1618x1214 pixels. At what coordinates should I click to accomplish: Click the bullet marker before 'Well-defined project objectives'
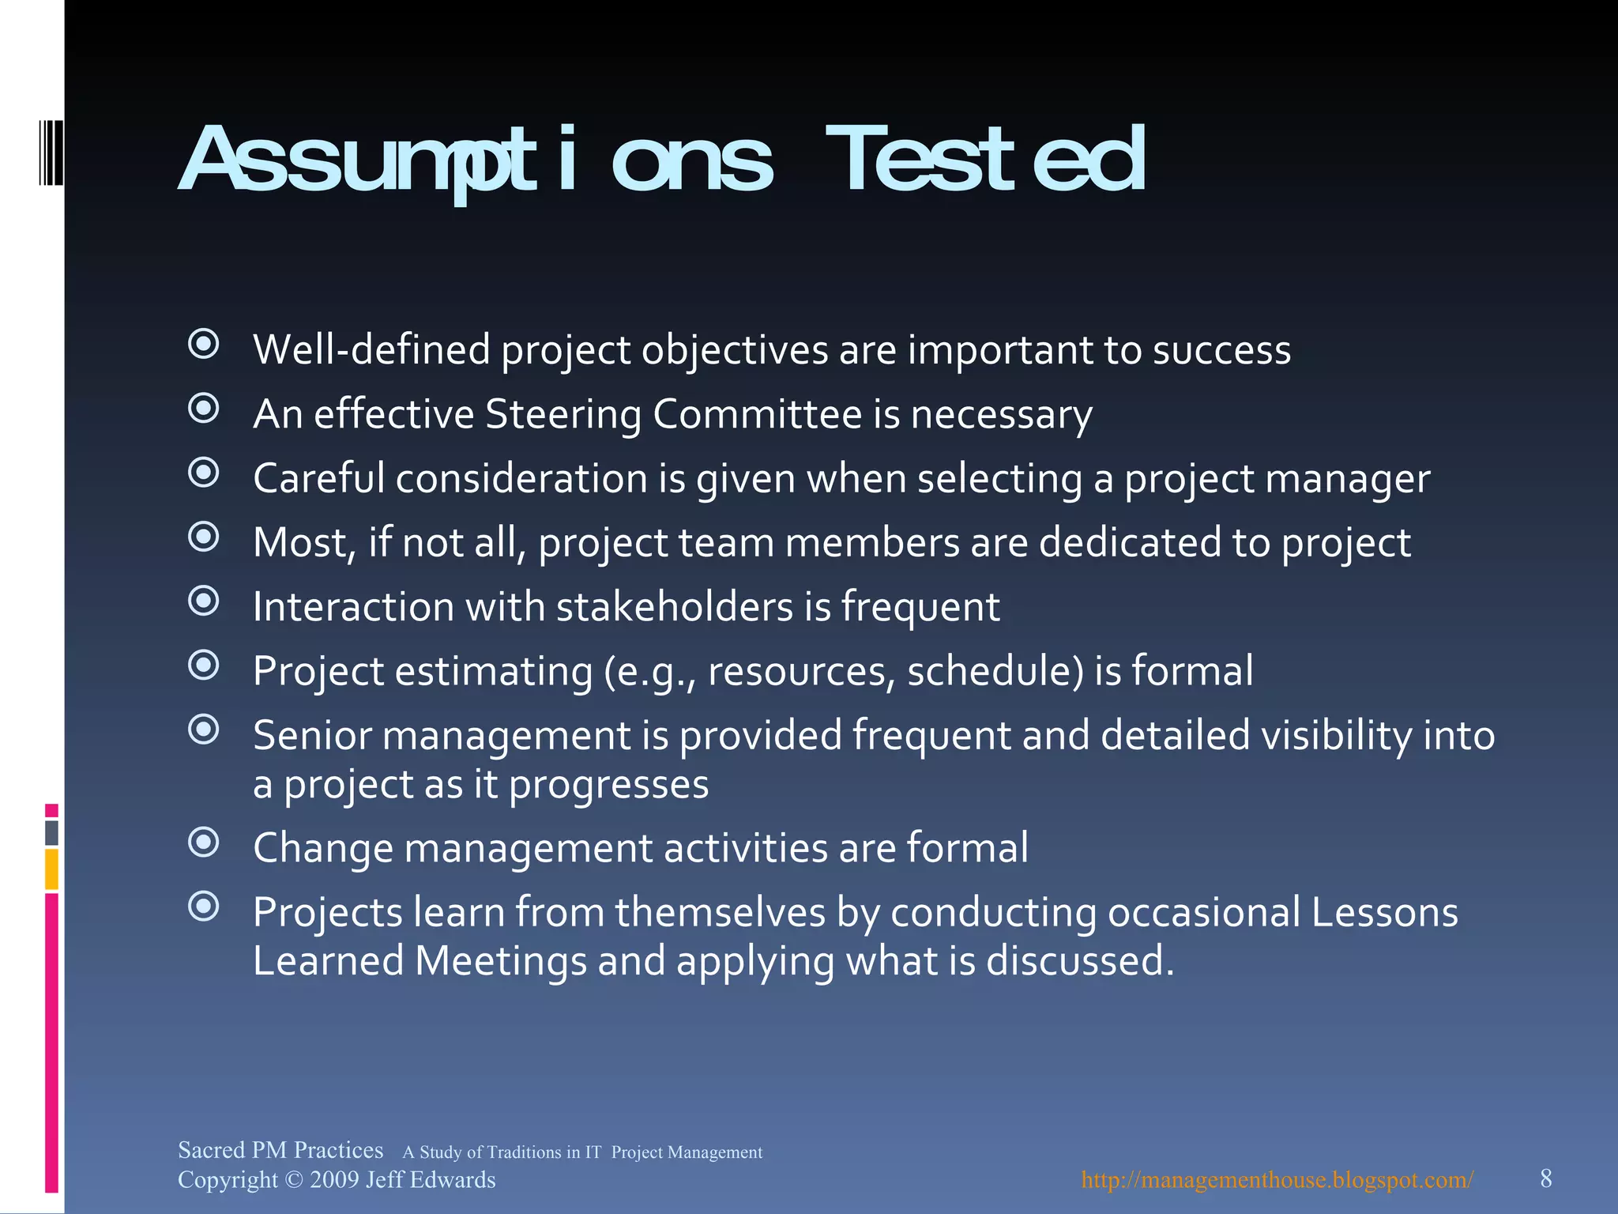point(204,344)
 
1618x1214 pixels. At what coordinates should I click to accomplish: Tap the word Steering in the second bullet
point(563,414)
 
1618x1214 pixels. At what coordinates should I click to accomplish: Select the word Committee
point(757,414)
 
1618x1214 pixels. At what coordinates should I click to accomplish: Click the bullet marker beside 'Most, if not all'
point(204,537)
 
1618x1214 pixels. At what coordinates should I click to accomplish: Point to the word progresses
point(608,785)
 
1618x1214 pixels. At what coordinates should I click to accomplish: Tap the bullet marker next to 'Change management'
point(204,843)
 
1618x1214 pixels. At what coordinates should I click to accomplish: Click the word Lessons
point(1384,912)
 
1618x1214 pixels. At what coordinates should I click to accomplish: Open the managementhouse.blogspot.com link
point(1277,1180)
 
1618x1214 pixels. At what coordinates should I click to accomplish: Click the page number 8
point(1546,1178)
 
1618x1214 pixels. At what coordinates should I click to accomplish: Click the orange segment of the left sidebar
point(51,869)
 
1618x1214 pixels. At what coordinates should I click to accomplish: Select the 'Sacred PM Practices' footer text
point(280,1150)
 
